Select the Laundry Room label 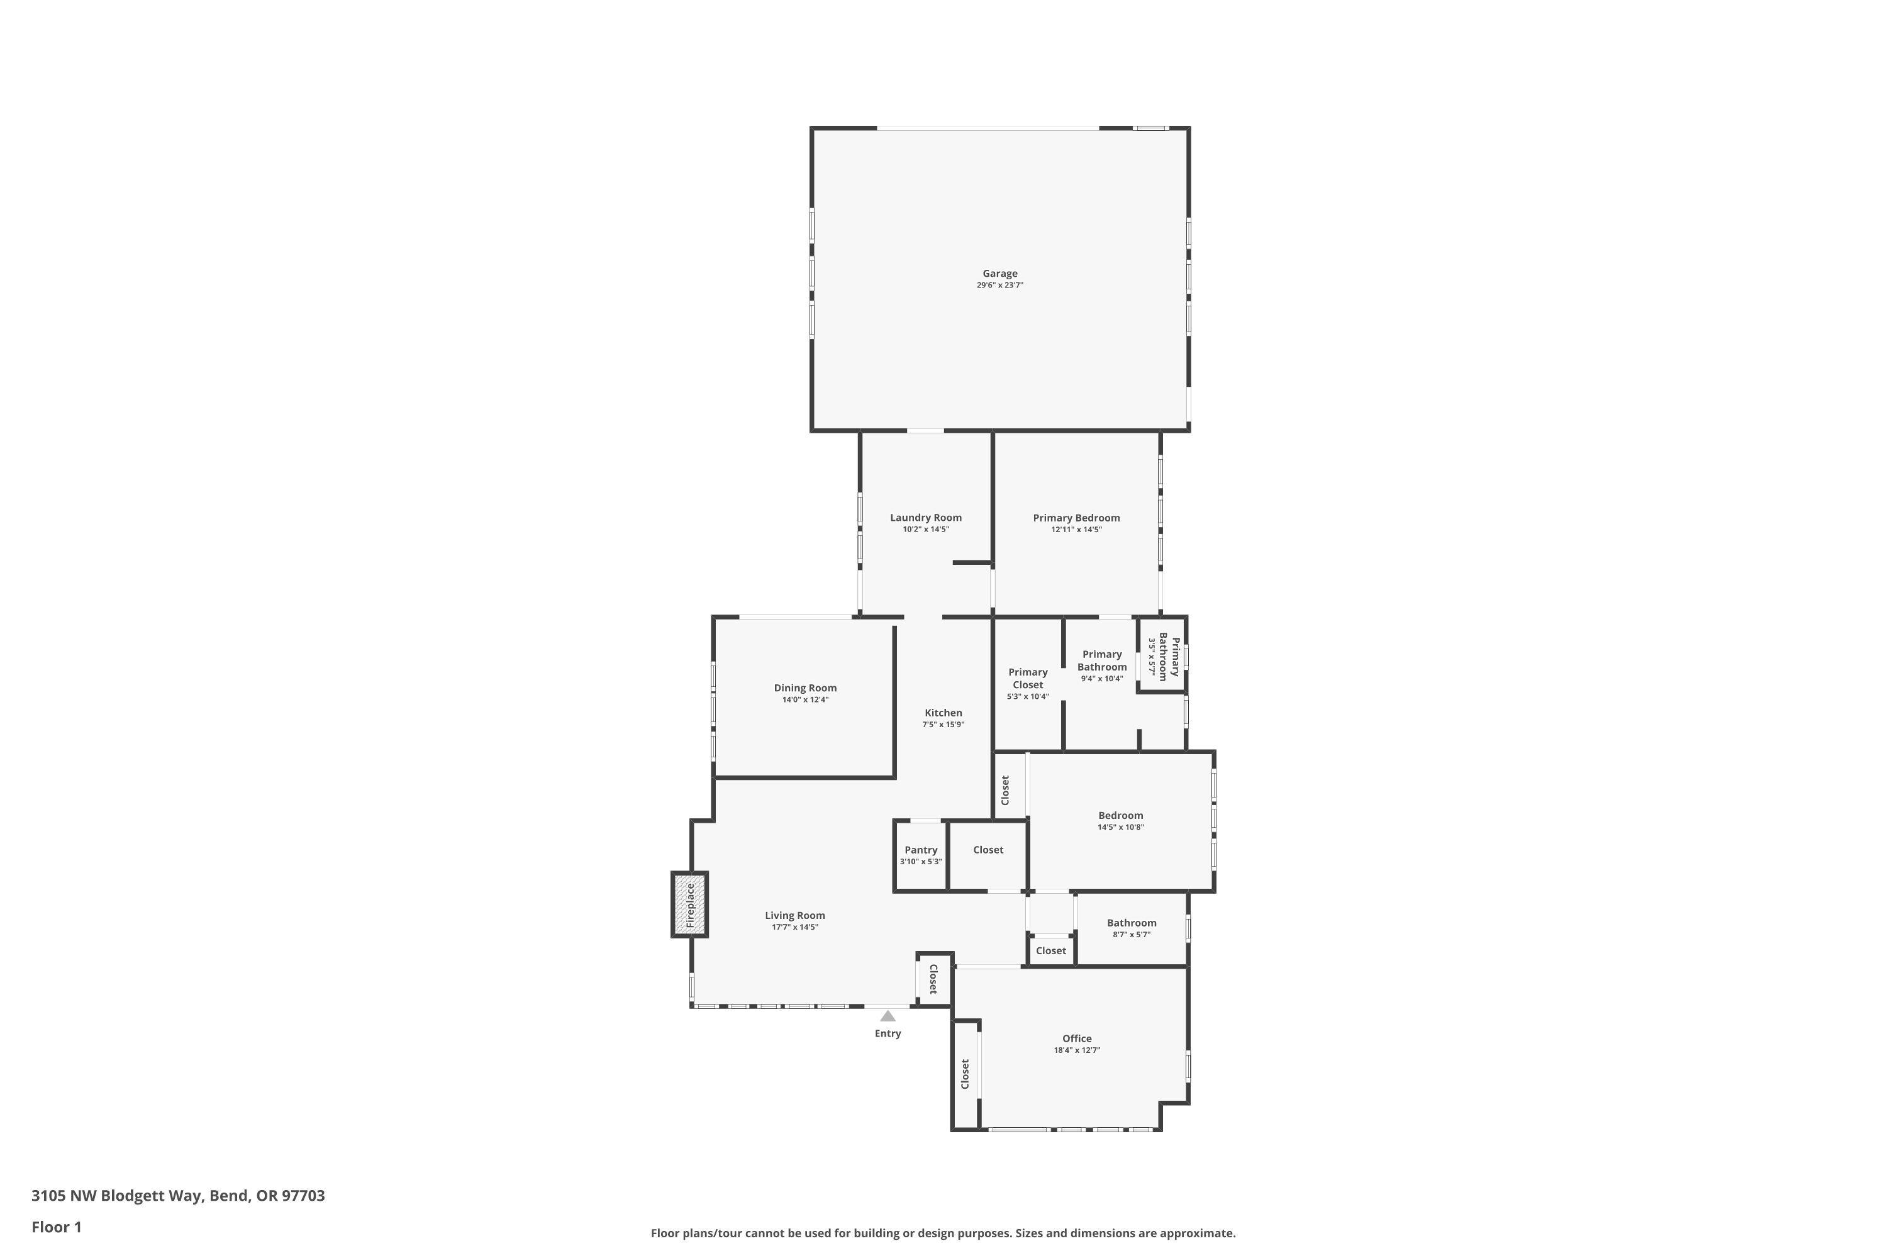926,518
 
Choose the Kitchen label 943,713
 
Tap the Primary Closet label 1028,678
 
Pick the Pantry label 920,850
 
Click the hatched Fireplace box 689,905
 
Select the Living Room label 794,915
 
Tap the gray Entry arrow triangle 888,1016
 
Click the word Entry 888,1033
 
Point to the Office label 1077,1038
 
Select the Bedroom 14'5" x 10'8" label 1120,816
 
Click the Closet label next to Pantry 988,850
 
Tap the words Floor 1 56,1227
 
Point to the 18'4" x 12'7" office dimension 1077,1050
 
